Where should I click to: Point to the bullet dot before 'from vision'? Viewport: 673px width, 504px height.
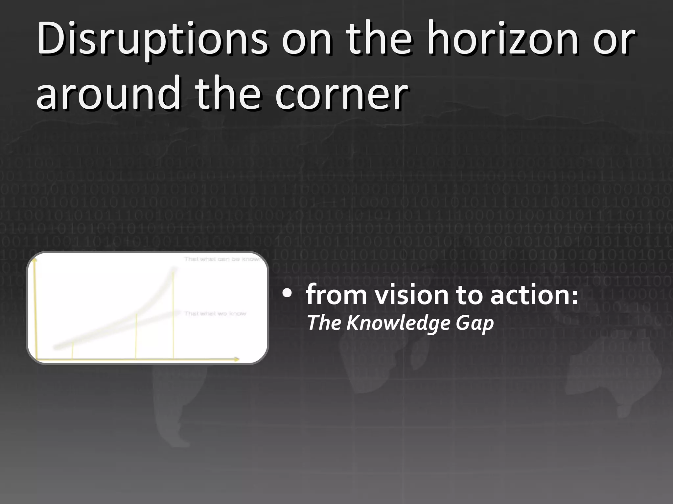[x=287, y=293]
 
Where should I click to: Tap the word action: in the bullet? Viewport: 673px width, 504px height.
[x=534, y=295]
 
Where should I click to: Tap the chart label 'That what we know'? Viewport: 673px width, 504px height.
[x=215, y=314]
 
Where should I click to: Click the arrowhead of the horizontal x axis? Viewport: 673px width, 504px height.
[x=237, y=360]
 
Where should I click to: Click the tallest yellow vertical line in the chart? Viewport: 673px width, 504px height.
[x=173, y=315]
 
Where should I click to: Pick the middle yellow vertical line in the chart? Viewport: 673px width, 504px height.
[x=136, y=336]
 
